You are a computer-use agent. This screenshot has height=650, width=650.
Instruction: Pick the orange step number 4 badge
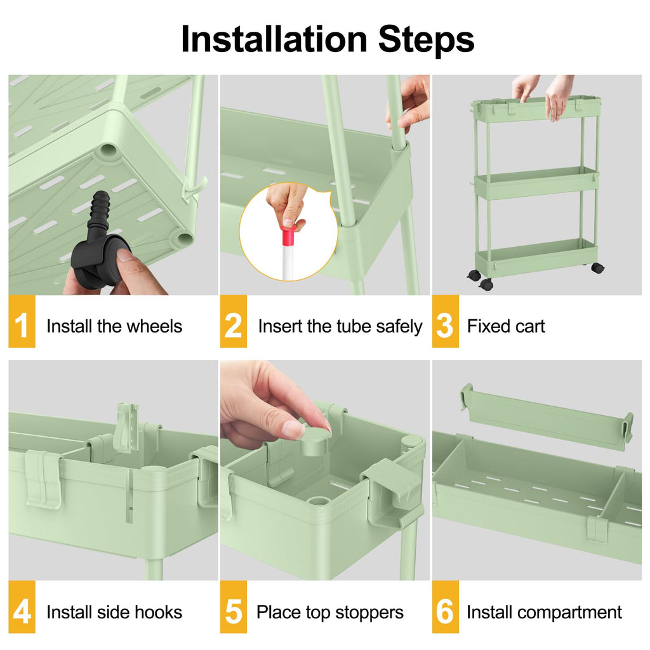coord(22,613)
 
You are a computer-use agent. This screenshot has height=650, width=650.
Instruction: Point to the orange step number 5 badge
coord(234,613)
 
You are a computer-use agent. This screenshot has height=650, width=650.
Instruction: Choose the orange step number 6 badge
coord(445,613)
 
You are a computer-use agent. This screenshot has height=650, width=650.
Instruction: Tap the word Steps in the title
coord(426,39)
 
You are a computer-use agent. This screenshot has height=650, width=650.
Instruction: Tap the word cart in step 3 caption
coord(531,326)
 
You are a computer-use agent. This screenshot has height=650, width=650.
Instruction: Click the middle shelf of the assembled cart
coord(536,184)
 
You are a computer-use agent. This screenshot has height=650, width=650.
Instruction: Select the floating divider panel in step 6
coord(546,417)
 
